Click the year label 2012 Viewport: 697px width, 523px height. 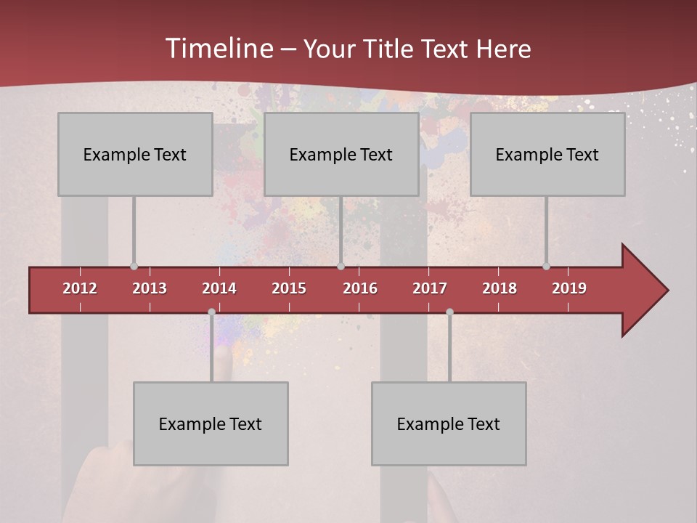click(80, 288)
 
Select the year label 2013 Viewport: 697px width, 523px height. click(150, 288)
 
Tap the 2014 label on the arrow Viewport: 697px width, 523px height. click(219, 288)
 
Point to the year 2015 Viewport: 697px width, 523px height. click(289, 288)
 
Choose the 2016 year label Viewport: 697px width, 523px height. click(360, 288)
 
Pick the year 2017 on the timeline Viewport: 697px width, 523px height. click(430, 288)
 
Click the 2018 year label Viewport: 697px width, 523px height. click(500, 288)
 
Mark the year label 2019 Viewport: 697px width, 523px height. click(569, 288)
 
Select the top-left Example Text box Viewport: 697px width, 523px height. click(135, 154)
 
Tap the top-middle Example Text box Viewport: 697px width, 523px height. click(341, 154)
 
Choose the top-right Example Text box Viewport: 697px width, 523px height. click(547, 154)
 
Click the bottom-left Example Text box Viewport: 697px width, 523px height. click(211, 423)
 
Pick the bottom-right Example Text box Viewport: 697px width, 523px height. click(449, 423)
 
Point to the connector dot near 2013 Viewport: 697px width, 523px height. click(134, 267)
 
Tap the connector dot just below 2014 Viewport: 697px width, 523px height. click(211, 312)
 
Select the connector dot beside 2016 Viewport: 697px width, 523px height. click(341, 267)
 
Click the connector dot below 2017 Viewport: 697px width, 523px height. click(449, 312)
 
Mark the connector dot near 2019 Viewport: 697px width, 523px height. click(546, 267)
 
